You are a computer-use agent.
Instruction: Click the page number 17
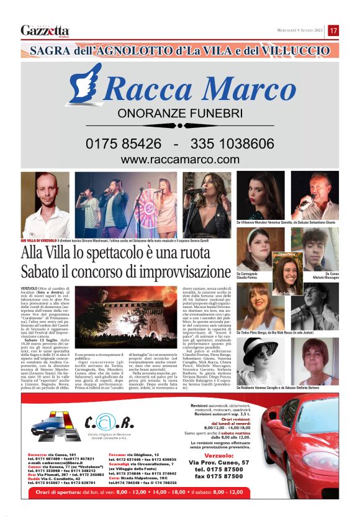tap(333, 30)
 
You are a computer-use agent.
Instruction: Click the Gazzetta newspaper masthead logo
tap(45, 30)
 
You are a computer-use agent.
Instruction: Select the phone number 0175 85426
tap(124, 143)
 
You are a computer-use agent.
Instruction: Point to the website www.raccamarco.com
tap(179, 160)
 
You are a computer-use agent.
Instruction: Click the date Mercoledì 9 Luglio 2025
tap(299, 30)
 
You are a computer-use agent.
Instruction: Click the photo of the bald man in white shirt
tap(45, 204)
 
